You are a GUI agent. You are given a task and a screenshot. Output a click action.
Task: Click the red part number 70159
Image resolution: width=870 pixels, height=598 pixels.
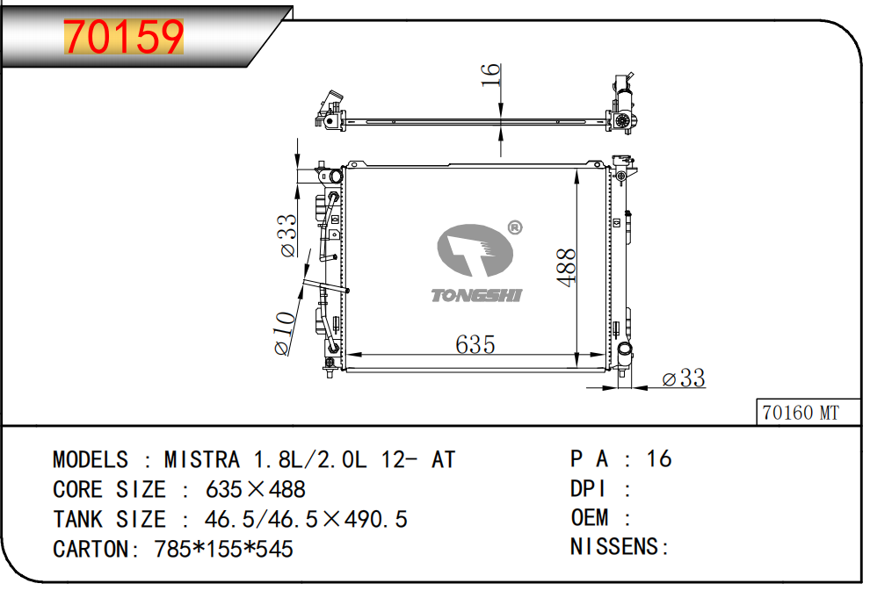pos(124,37)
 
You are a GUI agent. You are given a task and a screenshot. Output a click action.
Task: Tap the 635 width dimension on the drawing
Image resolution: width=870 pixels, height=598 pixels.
pos(475,345)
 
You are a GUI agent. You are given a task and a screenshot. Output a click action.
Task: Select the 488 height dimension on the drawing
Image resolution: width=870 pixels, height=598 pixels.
pos(567,268)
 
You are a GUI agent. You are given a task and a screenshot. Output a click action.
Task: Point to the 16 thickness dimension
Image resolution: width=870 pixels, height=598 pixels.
pos(490,75)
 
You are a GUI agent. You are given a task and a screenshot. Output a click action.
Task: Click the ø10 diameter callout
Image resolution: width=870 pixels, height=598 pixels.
pos(285,333)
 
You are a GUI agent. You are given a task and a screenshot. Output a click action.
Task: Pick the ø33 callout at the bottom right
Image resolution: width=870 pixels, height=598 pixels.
pos(684,378)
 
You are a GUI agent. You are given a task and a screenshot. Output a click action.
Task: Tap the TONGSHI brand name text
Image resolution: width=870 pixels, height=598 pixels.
pos(476,295)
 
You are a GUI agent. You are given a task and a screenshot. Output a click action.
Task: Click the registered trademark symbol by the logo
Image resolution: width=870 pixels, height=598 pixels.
pos(515,227)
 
